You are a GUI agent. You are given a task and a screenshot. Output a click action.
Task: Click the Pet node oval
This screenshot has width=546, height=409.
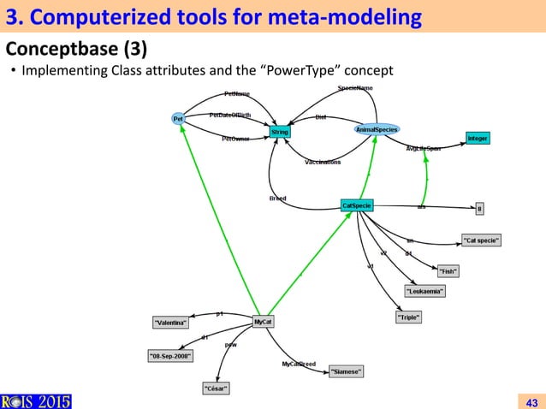178,119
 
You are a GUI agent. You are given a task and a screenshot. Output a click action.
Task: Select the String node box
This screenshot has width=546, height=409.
280,133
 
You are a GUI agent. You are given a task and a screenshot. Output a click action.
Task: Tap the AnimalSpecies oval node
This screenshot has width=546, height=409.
377,129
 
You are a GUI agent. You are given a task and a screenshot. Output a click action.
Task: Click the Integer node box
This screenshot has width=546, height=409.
478,138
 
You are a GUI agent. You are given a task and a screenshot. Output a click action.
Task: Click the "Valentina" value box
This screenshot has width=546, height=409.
171,323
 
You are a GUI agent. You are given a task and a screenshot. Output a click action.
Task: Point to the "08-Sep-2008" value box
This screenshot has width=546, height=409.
170,355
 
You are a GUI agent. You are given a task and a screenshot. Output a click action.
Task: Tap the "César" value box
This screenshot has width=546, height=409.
215,388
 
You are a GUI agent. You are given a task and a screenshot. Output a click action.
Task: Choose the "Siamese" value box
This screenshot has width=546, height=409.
347,371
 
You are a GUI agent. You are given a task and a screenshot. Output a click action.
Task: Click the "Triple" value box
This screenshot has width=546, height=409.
408,317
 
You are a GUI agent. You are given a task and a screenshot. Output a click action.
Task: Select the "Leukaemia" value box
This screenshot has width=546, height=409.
424,291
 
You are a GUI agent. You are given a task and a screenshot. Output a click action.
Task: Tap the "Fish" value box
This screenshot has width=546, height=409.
448,271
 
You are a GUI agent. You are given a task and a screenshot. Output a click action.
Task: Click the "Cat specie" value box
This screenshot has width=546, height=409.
480,240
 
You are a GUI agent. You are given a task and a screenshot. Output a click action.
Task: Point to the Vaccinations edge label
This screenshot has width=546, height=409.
323,162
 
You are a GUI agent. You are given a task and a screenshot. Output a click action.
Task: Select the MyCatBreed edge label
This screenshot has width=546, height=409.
299,365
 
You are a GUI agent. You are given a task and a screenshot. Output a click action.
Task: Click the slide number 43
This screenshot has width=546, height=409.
531,401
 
